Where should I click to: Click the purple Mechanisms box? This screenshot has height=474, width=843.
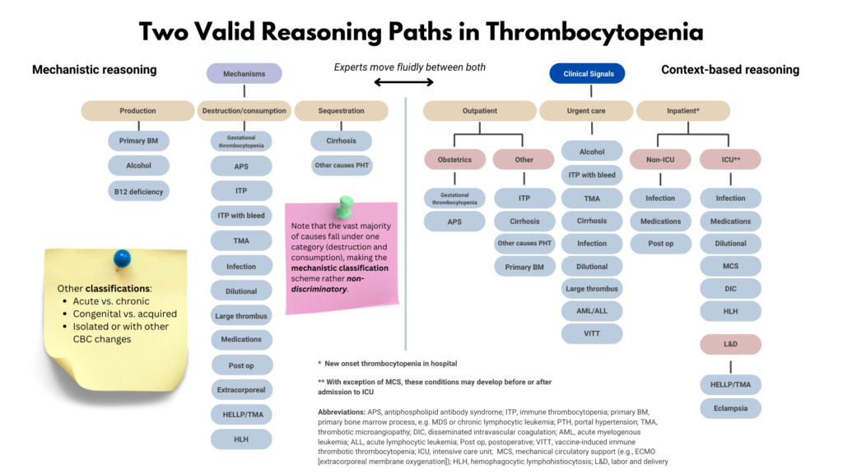tap(244, 73)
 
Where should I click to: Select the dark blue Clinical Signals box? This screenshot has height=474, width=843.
tap(587, 73)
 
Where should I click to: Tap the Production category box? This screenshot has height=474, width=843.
tap(137, 110)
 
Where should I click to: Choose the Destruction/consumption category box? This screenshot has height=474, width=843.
tap(243, 110)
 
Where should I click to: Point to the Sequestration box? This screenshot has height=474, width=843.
tap(340, 110)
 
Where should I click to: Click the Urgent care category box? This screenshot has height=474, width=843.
tap(586, 110)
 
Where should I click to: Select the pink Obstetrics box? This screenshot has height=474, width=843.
tap(455, 160)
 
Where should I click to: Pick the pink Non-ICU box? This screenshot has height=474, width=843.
tap(660, 160)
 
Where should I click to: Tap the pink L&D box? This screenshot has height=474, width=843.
tap(730, 344)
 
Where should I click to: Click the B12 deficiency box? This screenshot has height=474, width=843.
tap(138, 192)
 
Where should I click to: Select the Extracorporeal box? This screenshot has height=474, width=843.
tap(241, 389)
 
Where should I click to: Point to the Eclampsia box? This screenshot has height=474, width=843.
tap(730, 407)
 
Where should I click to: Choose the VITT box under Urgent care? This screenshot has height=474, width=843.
tap(592, 333)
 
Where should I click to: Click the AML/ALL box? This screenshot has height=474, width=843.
tap(592, 311)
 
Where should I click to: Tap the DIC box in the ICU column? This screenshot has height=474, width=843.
tap(730, 288)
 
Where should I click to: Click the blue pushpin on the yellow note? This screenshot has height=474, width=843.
tap(122, 258)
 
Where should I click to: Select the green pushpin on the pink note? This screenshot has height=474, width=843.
tap(343, 206)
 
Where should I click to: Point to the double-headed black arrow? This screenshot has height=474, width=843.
tap(403, 82)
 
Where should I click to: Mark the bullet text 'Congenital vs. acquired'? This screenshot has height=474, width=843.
tap(124, 314)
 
